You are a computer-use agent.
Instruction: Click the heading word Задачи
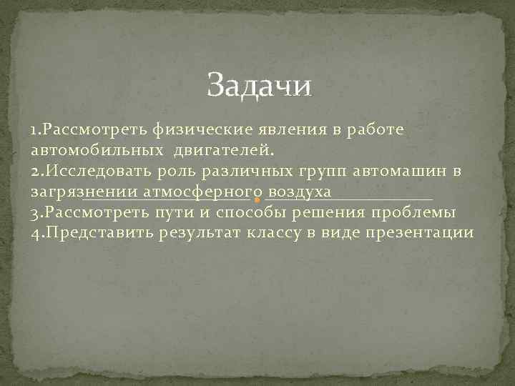(260, 86)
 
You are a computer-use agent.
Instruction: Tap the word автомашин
(398, 172)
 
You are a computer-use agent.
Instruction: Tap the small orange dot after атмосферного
(257, 198)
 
